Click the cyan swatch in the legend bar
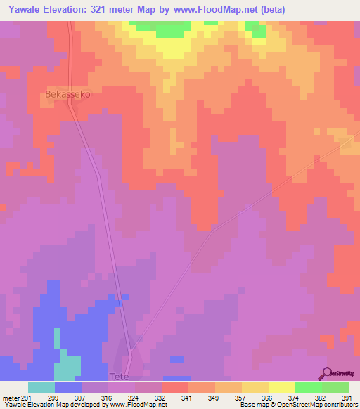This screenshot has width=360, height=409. pyautogui.click(x=41, y=387)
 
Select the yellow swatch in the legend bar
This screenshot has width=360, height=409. pyautogui.click(x=281, y=387)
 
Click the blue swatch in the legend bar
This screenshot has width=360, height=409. pyautogui.click(x=67, y=387)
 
